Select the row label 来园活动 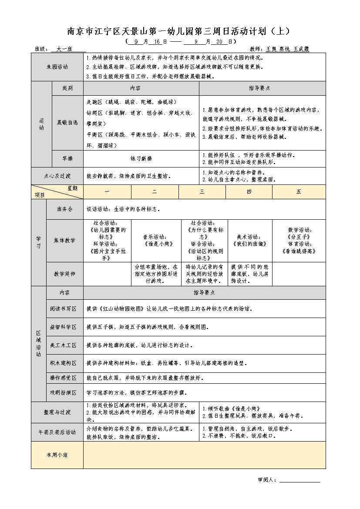point(57,67)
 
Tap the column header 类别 point(67,88)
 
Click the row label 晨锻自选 point(67,123)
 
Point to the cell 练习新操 point(141,159)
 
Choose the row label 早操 point(67,159)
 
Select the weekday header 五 point(299,192)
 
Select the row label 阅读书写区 point(64,308)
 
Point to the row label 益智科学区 point(64,327)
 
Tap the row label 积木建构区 point(64,363)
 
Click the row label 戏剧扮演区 point(64,392)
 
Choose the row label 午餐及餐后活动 point(57,432)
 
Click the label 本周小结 point(57,455)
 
